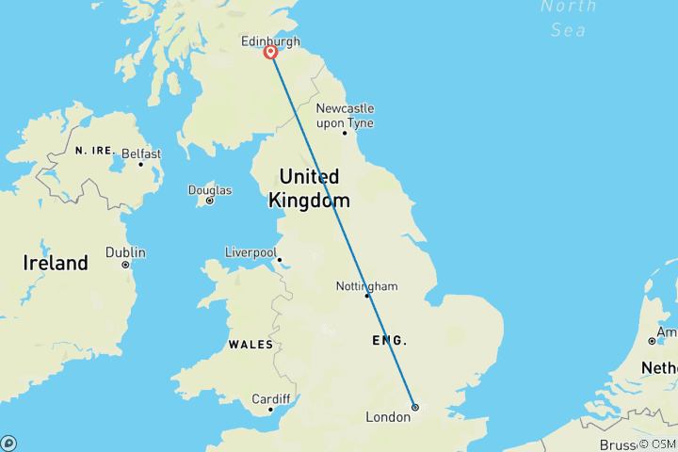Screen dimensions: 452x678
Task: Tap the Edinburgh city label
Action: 271,40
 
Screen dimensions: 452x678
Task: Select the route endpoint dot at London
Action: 414,407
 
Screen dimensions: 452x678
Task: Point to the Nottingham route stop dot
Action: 367,296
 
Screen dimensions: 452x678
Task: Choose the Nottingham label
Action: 367,285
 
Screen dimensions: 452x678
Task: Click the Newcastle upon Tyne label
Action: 345,115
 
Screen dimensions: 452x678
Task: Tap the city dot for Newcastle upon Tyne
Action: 345,133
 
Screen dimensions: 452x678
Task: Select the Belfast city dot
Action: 141,164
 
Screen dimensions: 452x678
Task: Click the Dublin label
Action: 125,252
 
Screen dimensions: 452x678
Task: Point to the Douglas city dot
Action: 209,201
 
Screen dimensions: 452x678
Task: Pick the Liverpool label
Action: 250,252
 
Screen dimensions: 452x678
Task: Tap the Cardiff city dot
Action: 270,409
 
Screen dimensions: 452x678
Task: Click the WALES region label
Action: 250,345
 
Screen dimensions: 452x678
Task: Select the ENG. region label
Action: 390,340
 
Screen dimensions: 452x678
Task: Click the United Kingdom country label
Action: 309,188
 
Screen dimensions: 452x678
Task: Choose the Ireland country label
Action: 56,264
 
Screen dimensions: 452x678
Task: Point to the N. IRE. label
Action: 93,151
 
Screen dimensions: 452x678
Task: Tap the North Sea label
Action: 569,18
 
